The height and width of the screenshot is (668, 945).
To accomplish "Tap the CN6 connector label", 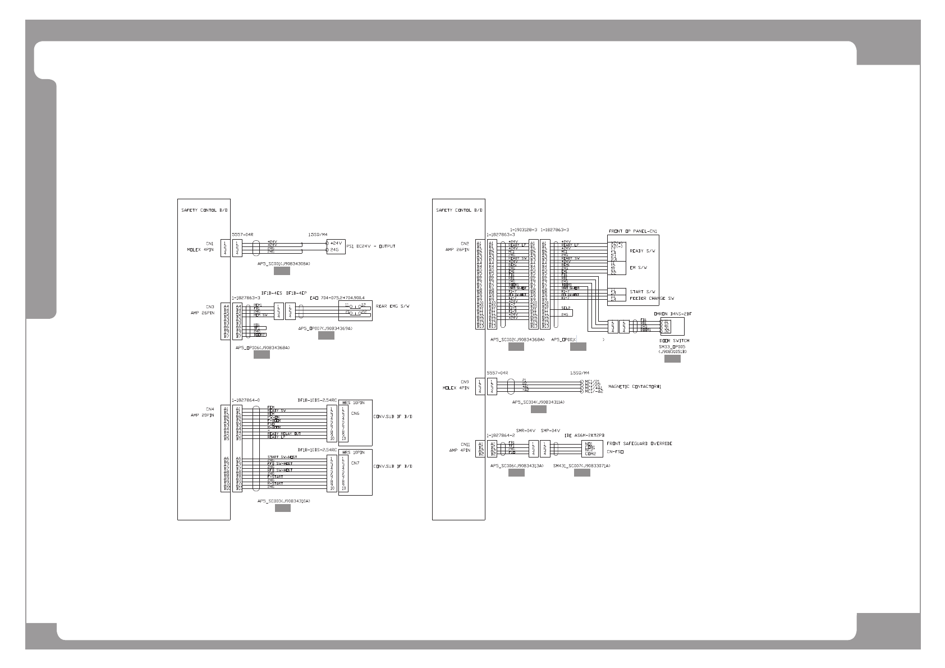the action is pos(355,414).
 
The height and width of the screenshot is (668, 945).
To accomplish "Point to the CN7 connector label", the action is pos(355,463).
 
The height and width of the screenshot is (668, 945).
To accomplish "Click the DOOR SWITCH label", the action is pos(675,341).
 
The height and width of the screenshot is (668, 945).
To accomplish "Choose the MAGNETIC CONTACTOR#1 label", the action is pos(635,387).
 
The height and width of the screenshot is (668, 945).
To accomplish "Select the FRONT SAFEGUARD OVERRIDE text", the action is pos(640,443).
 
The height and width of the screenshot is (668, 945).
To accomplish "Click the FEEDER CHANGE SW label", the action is pos(652,299).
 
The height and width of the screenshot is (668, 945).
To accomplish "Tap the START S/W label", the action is pos(643,292).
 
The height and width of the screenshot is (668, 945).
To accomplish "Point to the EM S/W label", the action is pos(639,268).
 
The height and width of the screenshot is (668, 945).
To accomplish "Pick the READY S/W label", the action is pos(643,251).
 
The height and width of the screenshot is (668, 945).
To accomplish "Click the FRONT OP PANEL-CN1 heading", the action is pos(633,231).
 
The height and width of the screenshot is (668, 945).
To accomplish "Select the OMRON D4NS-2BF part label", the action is pos(673,314).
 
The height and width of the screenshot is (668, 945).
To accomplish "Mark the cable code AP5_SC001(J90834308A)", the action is pos(283,263).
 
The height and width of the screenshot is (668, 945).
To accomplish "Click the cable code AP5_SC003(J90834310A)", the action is pos(283,501).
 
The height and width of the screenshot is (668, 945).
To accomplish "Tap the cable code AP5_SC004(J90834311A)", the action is pos(538,402).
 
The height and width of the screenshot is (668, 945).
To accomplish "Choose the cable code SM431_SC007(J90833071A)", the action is pos(581,466).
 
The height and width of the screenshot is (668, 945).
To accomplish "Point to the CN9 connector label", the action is pos(465,382).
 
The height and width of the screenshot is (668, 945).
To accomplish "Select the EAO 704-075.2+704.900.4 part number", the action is pos(338,298).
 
